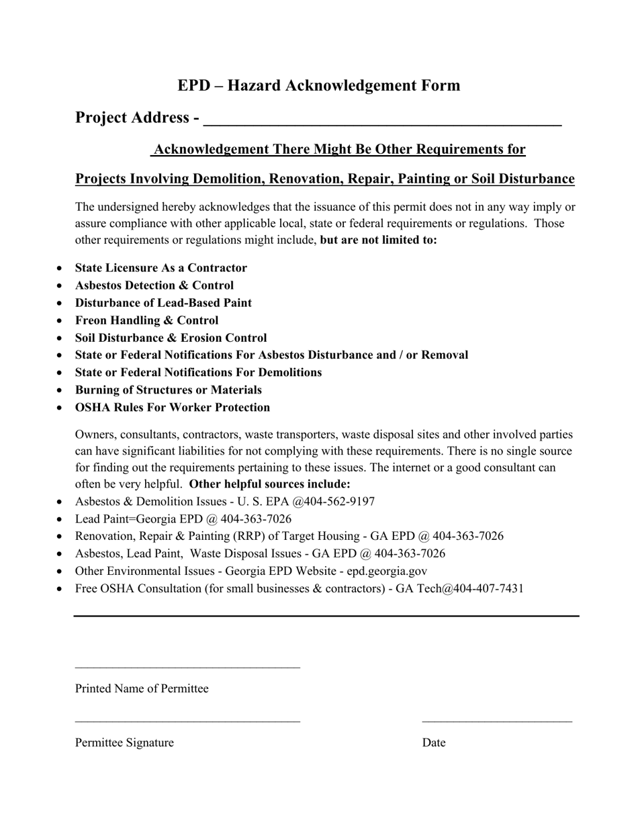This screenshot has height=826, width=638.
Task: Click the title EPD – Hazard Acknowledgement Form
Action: [x=319, y=86]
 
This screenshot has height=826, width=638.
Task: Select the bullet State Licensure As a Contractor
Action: [x=161, y=268]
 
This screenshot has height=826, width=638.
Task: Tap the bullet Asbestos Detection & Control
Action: [x=154, y=285]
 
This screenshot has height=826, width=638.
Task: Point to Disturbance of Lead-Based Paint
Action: [x=163, y=303]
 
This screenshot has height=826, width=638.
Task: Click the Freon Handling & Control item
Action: [x=146, y=320]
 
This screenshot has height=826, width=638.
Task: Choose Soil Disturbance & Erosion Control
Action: [x=171, y=338]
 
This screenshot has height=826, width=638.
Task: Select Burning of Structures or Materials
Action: [x=168, y=390]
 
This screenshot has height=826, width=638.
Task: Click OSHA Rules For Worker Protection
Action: [x=173, y=408]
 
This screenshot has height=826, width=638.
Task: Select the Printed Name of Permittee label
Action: [x=142, y=689]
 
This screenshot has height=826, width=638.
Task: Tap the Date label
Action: [x=434, y=743]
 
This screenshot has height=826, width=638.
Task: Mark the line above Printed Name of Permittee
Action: [x=187, y=668]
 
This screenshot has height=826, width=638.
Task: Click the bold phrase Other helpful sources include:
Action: [x=270, y=484]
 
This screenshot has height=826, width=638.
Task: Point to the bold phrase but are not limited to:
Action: [x=379, y=240]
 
